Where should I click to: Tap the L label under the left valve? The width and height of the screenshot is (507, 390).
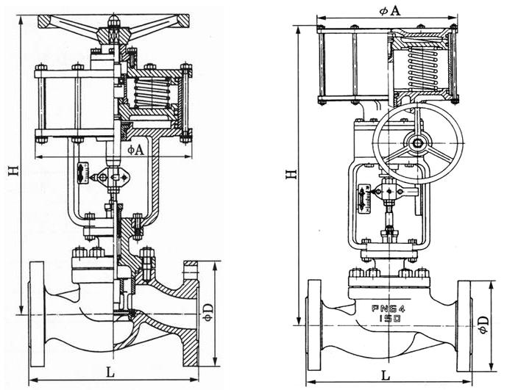(x=110, y=372)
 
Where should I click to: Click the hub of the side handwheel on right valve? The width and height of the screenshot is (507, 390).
(x=418, y=143)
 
